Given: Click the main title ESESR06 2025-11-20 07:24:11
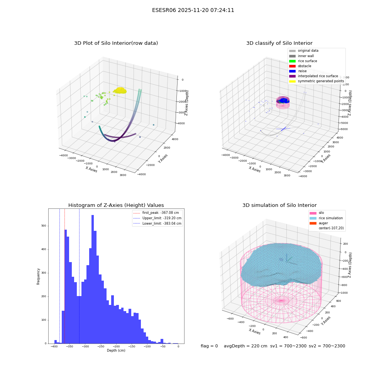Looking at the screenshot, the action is pyautogui.click(x=193, y=10).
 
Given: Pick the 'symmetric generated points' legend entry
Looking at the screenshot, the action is pyautogui.click(x=317, y=81).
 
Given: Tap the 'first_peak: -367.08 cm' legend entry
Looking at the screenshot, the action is pyautogui.click(x=157, y=213).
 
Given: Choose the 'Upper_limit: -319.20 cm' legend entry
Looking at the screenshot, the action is pyautogui.click(x=157, y=218).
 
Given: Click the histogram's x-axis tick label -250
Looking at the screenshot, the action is pyautogui.click(x=101, y=346).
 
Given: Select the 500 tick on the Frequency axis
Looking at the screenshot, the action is pyautogui.click(x=44, y=226).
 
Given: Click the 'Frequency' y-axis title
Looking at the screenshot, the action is pyautogui.click(x=38, y=276).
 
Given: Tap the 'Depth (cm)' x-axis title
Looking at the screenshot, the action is pyautogui.click(x=116, y=350).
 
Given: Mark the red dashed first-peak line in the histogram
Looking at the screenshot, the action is pyautogui.click(x=64, y=276).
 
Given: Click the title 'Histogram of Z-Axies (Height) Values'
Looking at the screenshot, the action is pyautogui.click(x=116, y=205).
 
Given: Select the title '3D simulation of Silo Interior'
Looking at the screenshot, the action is pyautogui.click(x=279, y=205).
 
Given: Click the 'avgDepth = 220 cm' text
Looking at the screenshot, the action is pyautogui.click(x=245, y=346).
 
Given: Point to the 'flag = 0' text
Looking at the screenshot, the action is pyautogui.click(x=209, y=346).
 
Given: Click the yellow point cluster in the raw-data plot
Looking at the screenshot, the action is pyautogui.click(x=120, y=91).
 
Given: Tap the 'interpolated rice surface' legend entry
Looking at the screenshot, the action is pyautogui.click(x=313, y=76).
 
